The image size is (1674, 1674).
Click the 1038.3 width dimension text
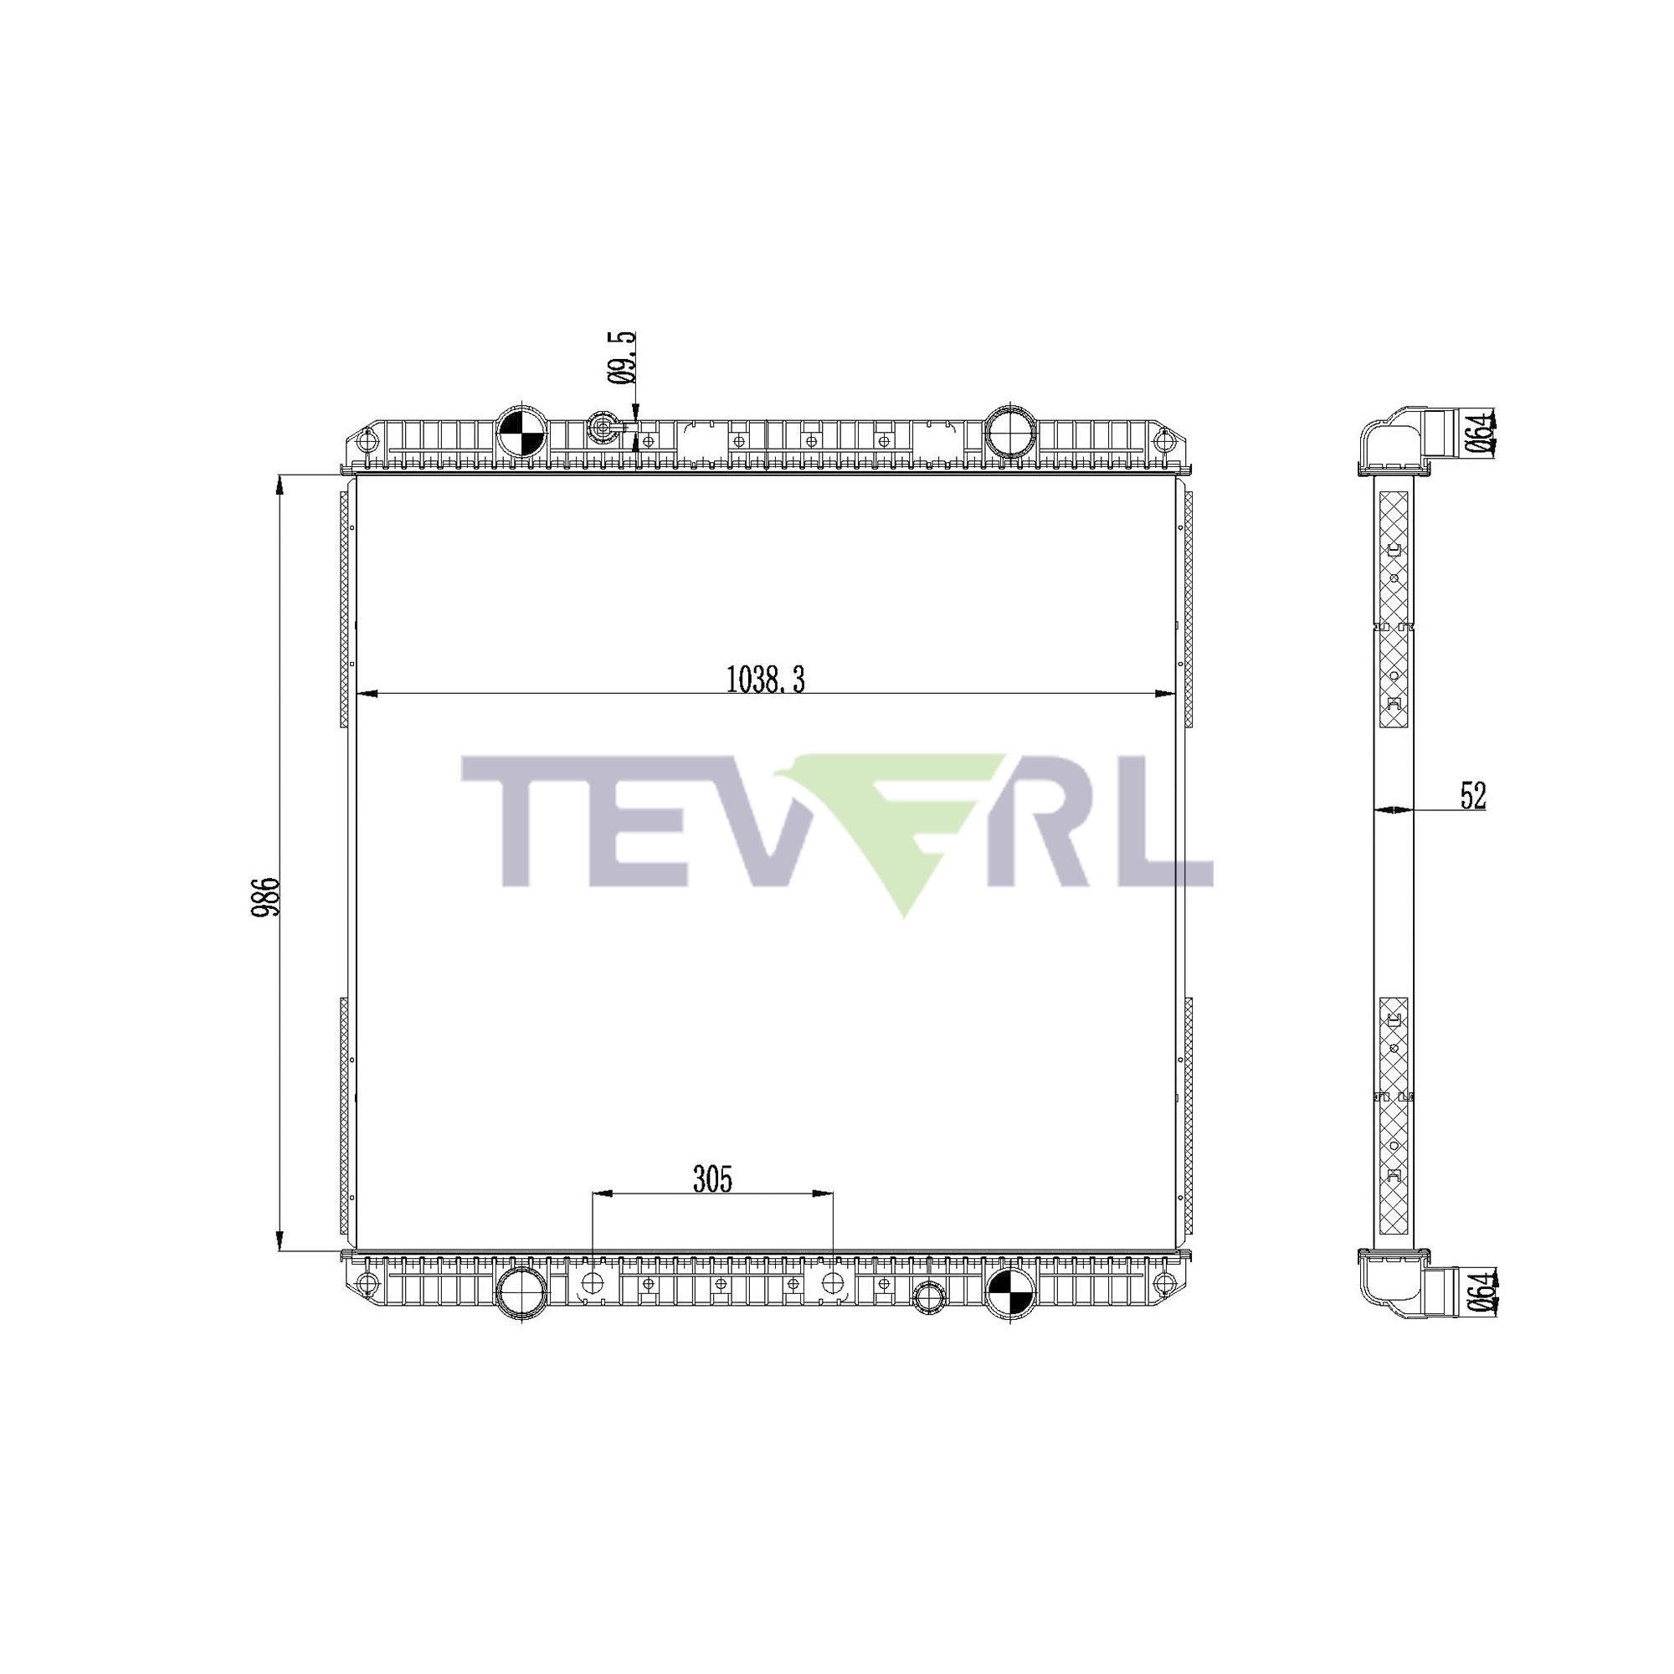765,680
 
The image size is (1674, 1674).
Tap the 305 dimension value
712,1179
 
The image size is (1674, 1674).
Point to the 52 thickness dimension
1473,795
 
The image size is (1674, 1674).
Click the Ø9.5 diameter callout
621,358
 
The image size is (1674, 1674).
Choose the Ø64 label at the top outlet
1482,432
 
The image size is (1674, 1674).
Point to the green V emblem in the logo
901,823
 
